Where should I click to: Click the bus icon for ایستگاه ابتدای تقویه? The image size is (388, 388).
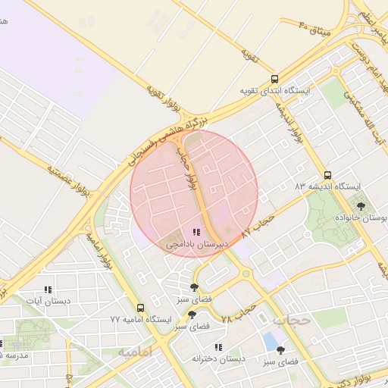[x=274, y=78]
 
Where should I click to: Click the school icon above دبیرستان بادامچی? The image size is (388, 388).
[x=196, y=233]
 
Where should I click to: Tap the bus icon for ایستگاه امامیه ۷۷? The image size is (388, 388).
[x=140, y=308]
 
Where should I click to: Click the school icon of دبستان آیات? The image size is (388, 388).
[x=48, y=289]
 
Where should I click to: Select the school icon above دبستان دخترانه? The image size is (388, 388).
[x=218, y=347]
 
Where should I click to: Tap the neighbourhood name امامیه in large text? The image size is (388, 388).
[x=135, y=352]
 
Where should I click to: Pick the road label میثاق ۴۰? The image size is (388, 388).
[x=314, y=28]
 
